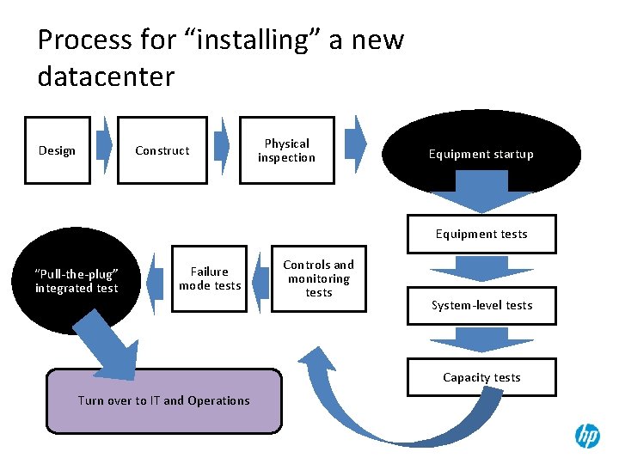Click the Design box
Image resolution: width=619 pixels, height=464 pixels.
(x=57, y=150)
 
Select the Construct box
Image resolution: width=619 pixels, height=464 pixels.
(x=162, y=150)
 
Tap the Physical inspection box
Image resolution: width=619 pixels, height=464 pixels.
(x=286, y=150)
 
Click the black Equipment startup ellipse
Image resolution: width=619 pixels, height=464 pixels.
(x=481, y=155)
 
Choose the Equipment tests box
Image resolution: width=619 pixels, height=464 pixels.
(x=481, y=234)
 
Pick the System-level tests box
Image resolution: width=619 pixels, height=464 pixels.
(x=481, y=305)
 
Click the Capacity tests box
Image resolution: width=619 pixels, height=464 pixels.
(x=481, y=377)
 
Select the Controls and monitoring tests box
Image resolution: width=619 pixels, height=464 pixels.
(x=318, y=279)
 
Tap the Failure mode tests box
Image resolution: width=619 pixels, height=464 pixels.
(x=210, y=278)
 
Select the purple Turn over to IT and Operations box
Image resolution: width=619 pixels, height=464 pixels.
(x=163, y=400)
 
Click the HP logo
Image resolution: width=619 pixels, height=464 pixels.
(x=587, y=436)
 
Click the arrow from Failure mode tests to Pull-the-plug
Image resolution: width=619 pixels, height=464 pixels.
(x=156, y=280)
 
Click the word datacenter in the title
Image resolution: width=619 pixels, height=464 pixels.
(x=106, y=76)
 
